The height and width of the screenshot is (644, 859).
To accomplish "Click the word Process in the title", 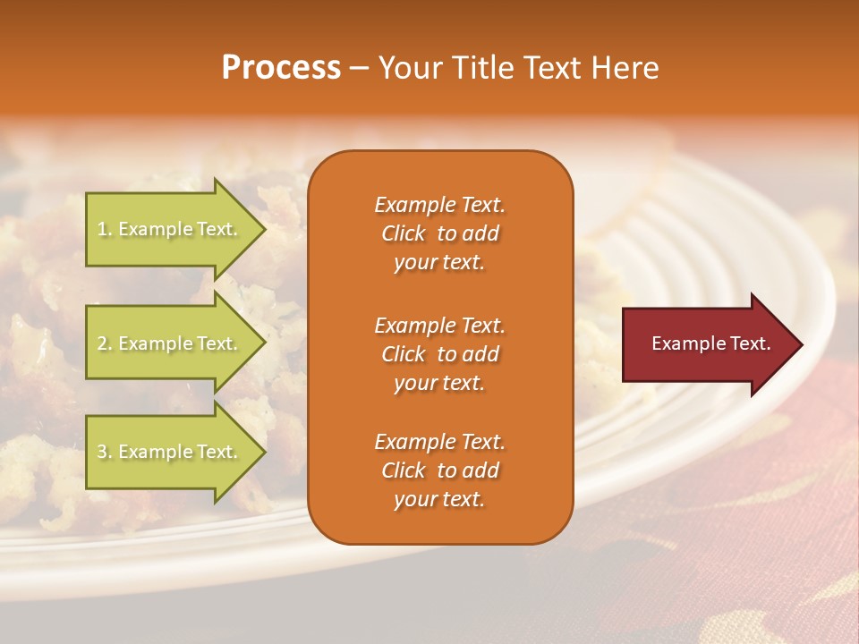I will [x=281, y=68].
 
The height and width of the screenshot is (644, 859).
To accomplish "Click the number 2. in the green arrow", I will [x=105, y=343].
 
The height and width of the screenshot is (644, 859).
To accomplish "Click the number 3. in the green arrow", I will [x=105, y=452].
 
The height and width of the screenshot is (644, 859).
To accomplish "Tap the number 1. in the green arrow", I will [x=104, y=229].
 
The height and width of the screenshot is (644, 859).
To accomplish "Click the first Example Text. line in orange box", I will [x=439, y=205].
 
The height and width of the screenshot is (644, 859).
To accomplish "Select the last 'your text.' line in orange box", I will [x=439, y=499].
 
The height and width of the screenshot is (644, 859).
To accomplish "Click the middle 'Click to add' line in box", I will [x=439, y=354].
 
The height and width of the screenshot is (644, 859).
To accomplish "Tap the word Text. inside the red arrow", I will [x=750, y=343].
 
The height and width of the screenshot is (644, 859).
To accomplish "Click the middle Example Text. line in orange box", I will [x=439, y=326].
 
